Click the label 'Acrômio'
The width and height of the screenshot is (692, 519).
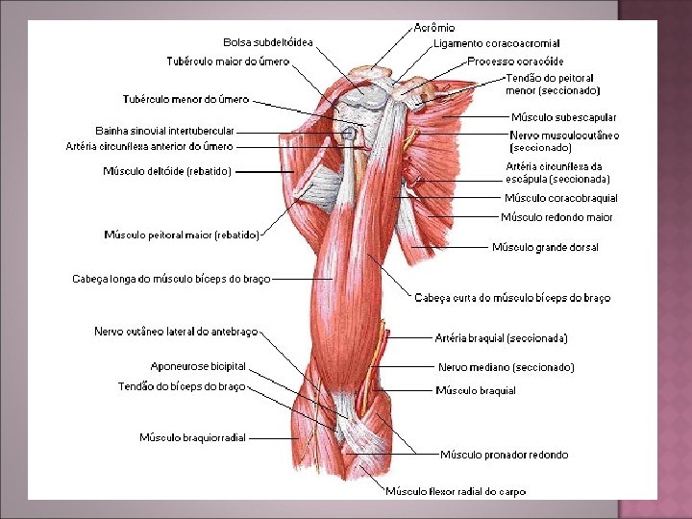434,28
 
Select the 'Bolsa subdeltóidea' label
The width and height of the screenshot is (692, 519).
268,42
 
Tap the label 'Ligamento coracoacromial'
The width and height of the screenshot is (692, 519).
496,43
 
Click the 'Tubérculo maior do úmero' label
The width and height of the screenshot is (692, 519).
228,62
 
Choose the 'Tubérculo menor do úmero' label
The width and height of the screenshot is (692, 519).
185,98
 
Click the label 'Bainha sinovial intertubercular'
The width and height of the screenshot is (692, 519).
164,131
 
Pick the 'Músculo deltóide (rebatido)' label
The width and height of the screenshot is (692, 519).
166,171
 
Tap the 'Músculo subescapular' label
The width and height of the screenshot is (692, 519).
563,117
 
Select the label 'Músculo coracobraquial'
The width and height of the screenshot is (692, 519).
560,198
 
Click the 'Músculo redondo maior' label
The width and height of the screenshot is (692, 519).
556,217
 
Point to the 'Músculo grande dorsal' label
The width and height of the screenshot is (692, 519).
545,247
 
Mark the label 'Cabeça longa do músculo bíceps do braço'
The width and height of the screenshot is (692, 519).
171,279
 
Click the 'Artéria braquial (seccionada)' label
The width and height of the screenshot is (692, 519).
501,338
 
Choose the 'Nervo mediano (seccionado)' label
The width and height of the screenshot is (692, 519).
506,367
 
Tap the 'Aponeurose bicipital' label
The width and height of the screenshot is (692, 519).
198,366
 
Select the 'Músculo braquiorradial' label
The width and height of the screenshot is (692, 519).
192,437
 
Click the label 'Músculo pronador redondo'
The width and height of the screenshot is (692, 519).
504,455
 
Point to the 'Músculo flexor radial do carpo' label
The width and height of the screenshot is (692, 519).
456,491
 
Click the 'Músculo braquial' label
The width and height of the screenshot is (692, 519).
476,390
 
